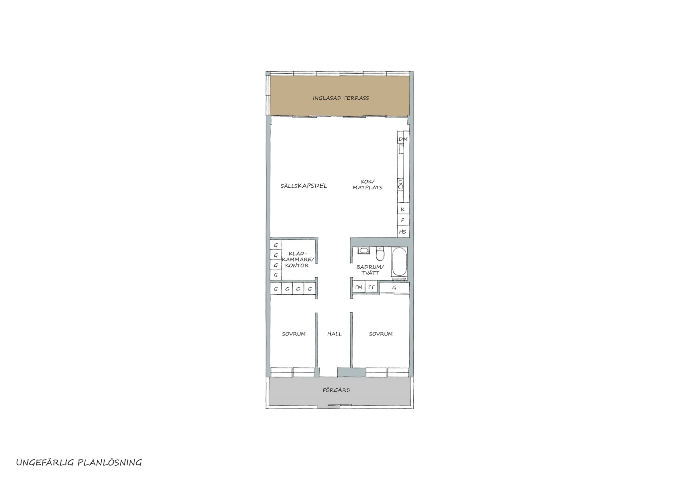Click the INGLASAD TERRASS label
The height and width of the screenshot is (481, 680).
341,98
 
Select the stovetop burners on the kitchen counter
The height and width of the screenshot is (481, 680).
401,184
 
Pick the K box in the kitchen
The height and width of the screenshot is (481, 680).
403,209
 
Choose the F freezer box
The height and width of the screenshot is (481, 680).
403,220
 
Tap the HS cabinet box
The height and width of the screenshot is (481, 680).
403,231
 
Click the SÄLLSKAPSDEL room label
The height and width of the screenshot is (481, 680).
304,186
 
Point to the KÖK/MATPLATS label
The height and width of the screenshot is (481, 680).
367,184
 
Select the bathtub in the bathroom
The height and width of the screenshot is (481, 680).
399,262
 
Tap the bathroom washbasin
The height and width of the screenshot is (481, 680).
363,250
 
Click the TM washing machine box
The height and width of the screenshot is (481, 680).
358,287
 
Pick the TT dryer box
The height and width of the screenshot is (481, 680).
371,287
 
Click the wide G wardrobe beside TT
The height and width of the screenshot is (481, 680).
394,287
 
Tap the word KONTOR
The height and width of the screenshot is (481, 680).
297,266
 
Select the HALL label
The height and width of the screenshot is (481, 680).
334,334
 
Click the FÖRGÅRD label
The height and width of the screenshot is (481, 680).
336,390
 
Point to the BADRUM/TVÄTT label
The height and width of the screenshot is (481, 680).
370,270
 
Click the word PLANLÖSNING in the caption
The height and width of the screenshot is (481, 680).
110,462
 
